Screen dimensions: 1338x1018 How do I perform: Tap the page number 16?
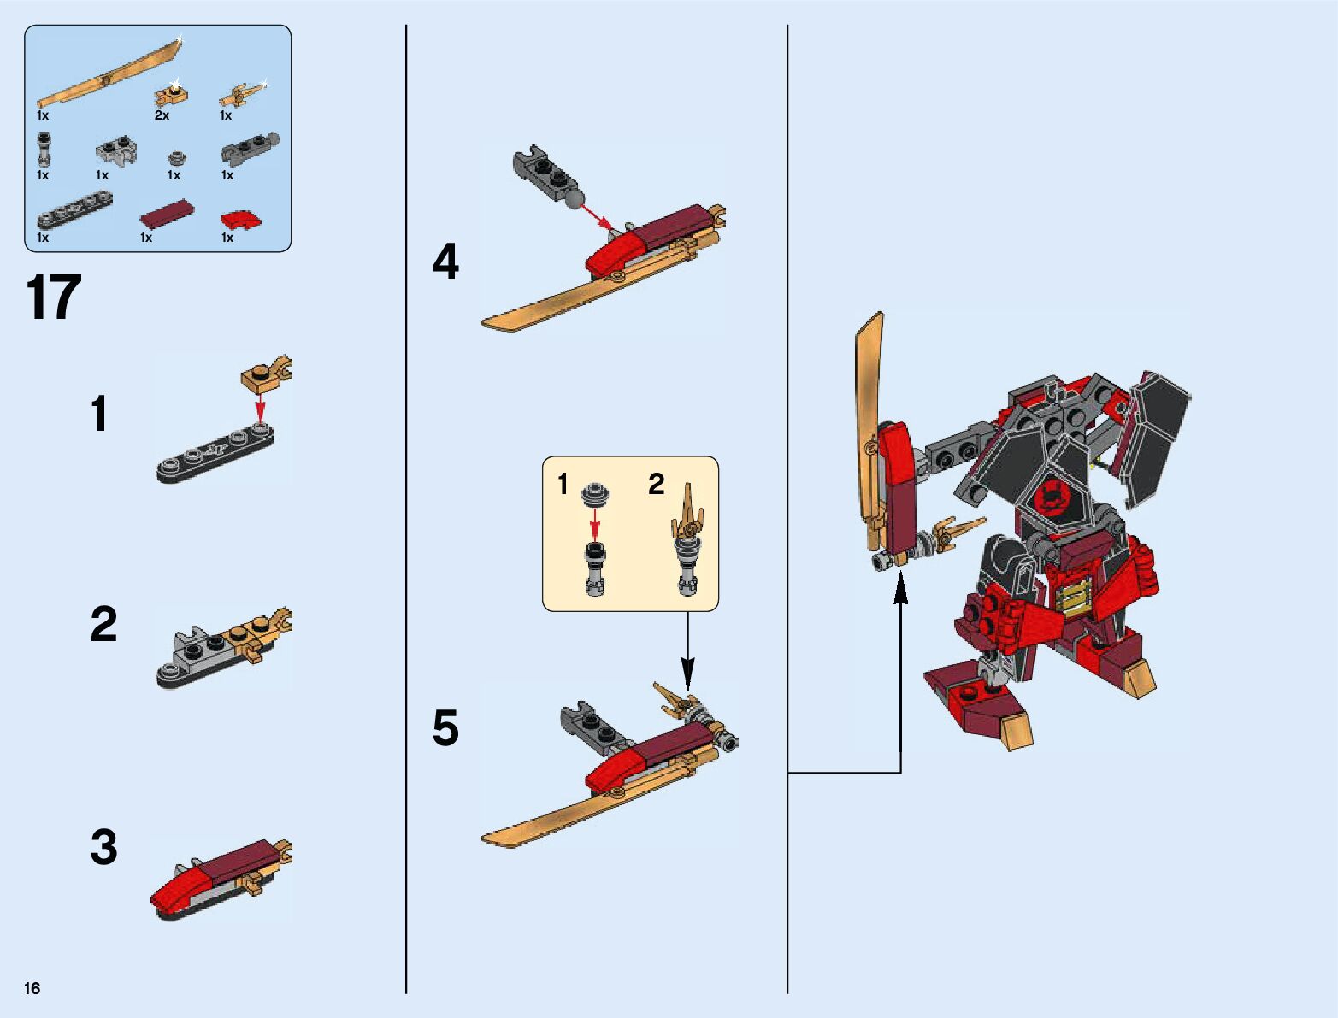pos(32,988)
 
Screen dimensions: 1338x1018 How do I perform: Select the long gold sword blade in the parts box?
pos(109,72)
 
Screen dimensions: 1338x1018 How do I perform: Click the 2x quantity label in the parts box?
pos(162,115)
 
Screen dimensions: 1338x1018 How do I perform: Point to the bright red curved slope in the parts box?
pos(242,220)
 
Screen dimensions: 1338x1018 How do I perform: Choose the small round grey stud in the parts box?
pos(177,158)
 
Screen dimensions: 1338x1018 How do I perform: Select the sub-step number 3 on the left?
pos(103,847)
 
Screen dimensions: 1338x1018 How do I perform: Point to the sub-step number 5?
pos(445,728)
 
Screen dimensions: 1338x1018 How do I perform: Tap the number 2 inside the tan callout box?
pos(656,485)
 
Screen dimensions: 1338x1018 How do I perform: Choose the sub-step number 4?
pos(445,262)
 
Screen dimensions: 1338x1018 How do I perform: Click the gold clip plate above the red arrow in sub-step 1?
pos(267,374)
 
